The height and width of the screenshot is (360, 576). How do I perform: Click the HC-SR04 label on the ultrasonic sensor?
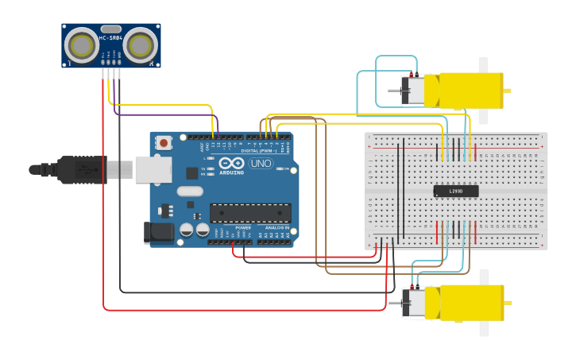(110, 38)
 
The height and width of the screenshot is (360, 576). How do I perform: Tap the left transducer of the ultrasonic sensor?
(81, 43)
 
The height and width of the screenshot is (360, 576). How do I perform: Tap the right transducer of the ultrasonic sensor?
(140, 43)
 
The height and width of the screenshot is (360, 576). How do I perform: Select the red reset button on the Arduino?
(164, 143)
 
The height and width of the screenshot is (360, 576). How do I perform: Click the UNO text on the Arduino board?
(261, 164)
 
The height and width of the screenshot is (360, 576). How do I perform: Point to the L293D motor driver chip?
(455, 191)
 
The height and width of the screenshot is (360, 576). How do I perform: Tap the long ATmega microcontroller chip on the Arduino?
(250, 213)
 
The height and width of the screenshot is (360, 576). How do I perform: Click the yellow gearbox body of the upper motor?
(464, 90)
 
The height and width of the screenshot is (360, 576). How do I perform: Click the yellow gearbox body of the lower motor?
(465, 303)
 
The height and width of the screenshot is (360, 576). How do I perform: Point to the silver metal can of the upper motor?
(413, 91)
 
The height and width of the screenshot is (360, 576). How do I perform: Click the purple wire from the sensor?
(159, 114)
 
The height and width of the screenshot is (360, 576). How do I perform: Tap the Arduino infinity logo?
(232, 164)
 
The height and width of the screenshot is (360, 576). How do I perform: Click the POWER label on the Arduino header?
(243, 228)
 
